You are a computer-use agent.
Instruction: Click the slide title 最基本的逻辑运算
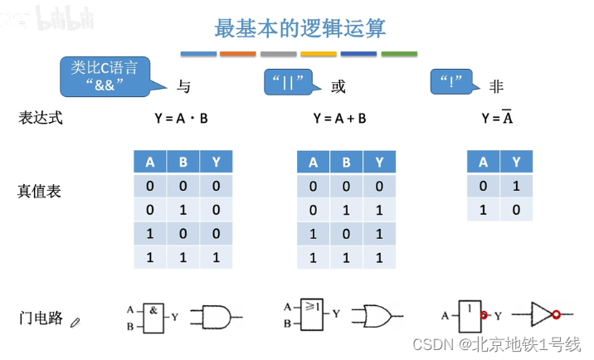(x=299, y=28)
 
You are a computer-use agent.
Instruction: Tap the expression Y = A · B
(x=181, y=119)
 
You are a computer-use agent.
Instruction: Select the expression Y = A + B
(x=339, y=119)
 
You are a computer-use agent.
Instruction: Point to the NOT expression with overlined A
(x=498, y=118)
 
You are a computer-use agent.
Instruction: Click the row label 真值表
(x=40, y=192)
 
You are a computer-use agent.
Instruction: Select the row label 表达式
(x=40, y=118)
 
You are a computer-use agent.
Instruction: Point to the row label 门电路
(x=41, y=318)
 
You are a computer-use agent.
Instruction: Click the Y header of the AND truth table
(x=216, y=163)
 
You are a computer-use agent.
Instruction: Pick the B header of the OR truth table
(x=346, y=163)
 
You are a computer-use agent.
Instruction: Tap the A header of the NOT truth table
(x=483, y=163)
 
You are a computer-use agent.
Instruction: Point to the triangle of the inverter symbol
(x=539, y=315)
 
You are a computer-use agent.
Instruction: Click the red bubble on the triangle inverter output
(x=557, y=315)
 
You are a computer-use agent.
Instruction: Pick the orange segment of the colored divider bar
(x=238, y=55)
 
